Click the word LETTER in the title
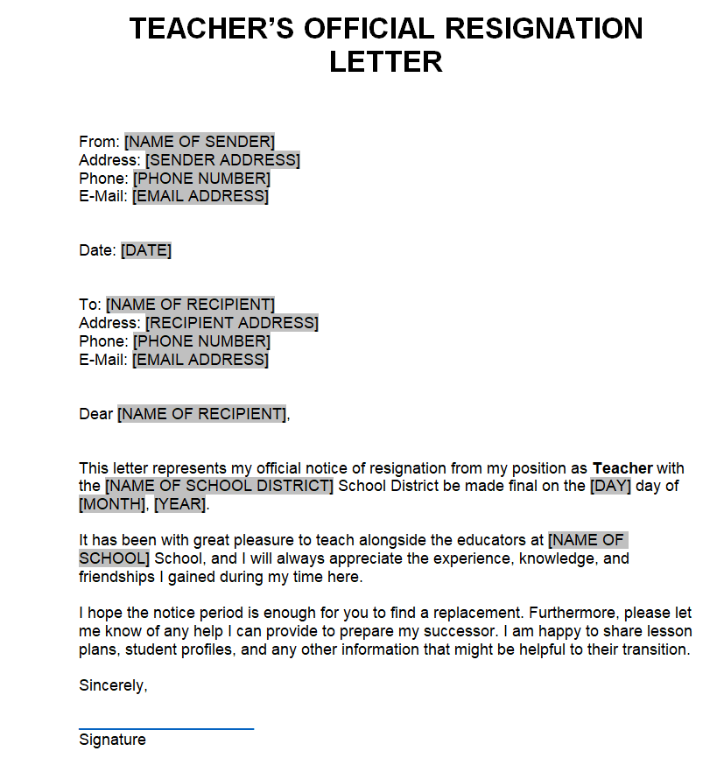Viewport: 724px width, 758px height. point(385,62)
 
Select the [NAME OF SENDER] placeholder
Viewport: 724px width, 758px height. point(200,142)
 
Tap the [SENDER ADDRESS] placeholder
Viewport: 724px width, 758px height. point(222,160)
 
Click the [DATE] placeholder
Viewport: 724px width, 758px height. point(146,250)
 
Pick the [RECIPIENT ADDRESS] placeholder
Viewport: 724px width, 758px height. point(232,323)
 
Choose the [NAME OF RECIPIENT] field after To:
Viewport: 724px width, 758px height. point(190,305)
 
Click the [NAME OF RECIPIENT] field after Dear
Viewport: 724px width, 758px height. point(201,414)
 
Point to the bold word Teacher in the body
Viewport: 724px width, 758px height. point(622,468)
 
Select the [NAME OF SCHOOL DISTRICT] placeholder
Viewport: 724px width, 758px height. point(219,487)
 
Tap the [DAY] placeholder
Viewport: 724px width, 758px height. point(610,487)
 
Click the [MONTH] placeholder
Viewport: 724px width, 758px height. point(113,505)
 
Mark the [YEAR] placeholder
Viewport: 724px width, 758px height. point(180,505)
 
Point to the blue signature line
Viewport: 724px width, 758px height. point(166,727)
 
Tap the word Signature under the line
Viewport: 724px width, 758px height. point(112,740)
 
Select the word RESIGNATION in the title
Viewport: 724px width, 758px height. point(544,29)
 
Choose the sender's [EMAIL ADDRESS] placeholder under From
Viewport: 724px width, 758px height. point(200,196)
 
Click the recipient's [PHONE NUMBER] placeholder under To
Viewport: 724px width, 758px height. point(201,341)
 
